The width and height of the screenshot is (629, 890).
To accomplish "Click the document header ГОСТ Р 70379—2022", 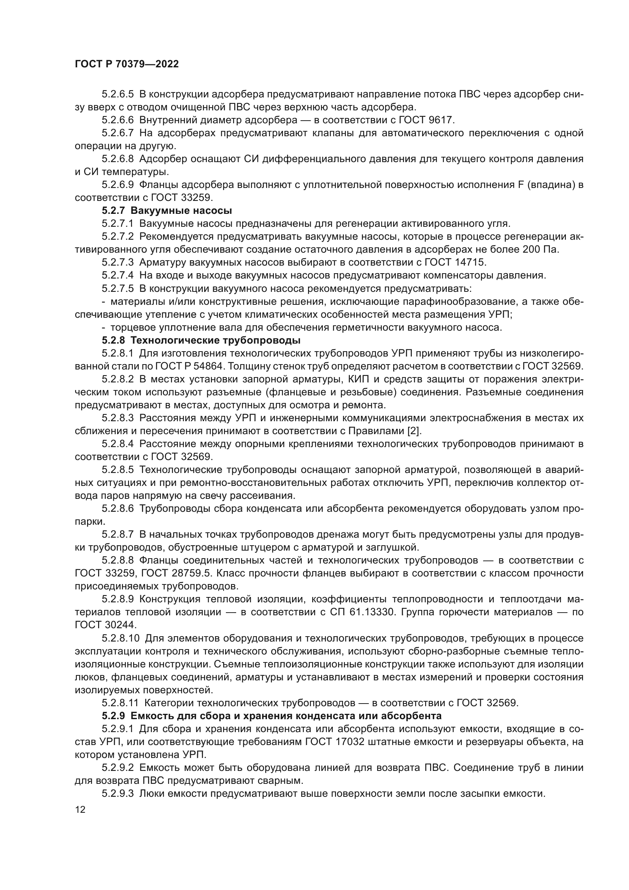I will click(127, 64).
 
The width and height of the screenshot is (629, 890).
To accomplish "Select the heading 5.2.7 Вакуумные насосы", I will click(167, 210).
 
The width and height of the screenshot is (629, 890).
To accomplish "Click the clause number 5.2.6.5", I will click(118, 94).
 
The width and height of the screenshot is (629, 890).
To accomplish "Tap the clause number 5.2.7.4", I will click(118, 275).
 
